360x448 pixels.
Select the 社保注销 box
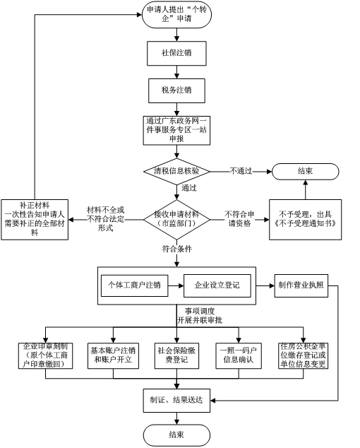176,53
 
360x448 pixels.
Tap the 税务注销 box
176,90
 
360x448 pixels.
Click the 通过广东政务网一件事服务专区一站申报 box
176,130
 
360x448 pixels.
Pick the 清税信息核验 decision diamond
176,171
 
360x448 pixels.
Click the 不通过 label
241,171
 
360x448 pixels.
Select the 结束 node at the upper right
305,171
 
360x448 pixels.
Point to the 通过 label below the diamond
189,189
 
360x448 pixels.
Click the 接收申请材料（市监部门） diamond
176,199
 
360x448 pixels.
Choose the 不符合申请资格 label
238,199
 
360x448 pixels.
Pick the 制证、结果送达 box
176,399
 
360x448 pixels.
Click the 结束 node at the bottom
176,434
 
